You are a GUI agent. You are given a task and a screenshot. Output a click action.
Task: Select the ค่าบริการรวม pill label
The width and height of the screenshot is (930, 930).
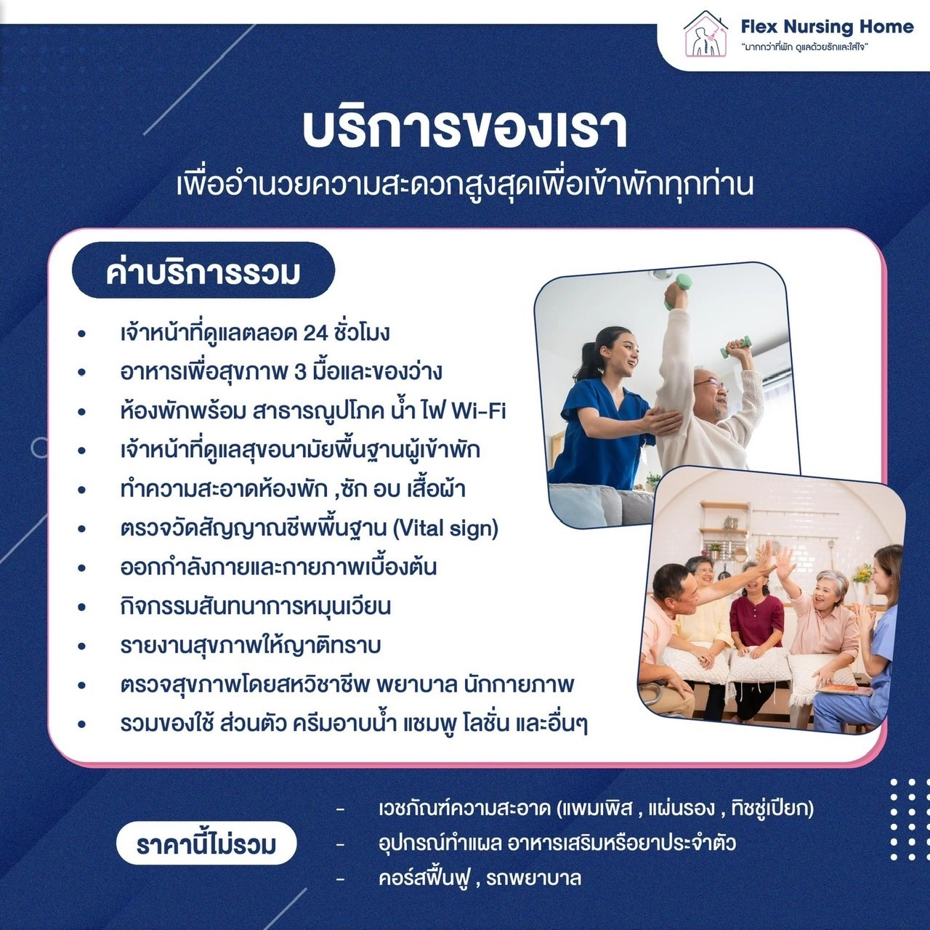pyautogui.click(x=203, y=272)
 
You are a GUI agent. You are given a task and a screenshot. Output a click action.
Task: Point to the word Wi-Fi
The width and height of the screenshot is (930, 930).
pyautogui.click(x=478, y=412)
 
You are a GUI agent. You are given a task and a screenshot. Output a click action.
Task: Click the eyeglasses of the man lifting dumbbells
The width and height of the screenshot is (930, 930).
pyautogui.click(x=709, y=384)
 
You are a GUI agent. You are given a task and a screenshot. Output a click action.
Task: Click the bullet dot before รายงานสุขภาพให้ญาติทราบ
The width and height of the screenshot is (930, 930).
pyautogui.click(x=81, y=646)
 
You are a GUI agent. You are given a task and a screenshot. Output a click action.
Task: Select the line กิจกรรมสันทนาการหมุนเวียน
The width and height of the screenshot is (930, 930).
pyautogui.click(x=255, y=607)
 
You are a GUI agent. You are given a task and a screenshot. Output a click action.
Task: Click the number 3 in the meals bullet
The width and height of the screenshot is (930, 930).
pyautogui.click(x=300, y=372)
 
